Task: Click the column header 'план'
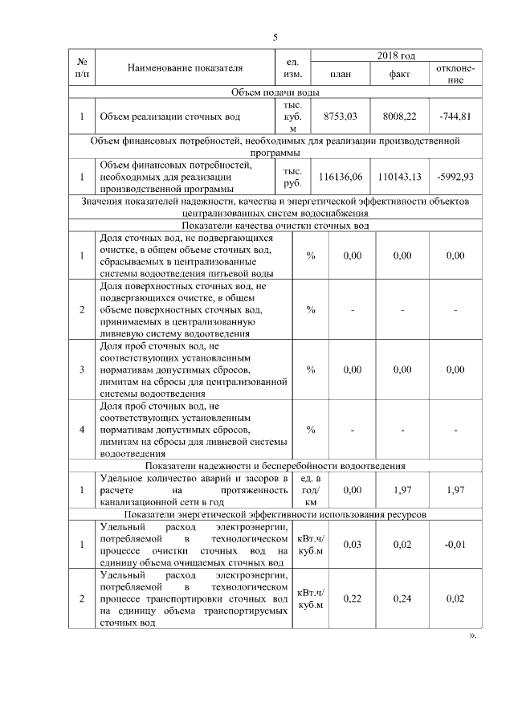pyautogui.click(x=340, y=74)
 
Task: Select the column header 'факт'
pyautogui.click(x=400, y=74)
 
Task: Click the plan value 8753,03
pyautogui.click(x=339, y=116)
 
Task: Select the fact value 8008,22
pyautogui.click(x=400, y=116)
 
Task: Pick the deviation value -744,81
pyautogui.click(x=455, y=116)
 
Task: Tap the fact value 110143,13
pyautogui.click(x=400, y=176)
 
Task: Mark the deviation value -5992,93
pyautogui.click(x=455, y=176)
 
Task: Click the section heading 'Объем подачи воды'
pyautogui.click(x=275, y=92)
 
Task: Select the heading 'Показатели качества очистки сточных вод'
pyautogui.click(x=275, y=227)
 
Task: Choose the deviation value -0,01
pyautogui.click(x=455, y=545)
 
